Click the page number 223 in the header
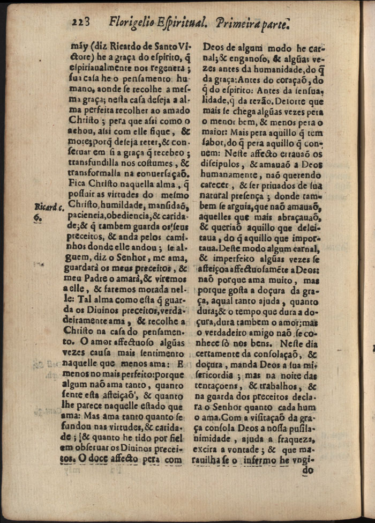pos(82,22)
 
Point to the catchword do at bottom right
pos(307,470)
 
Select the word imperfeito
pos(242,257)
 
